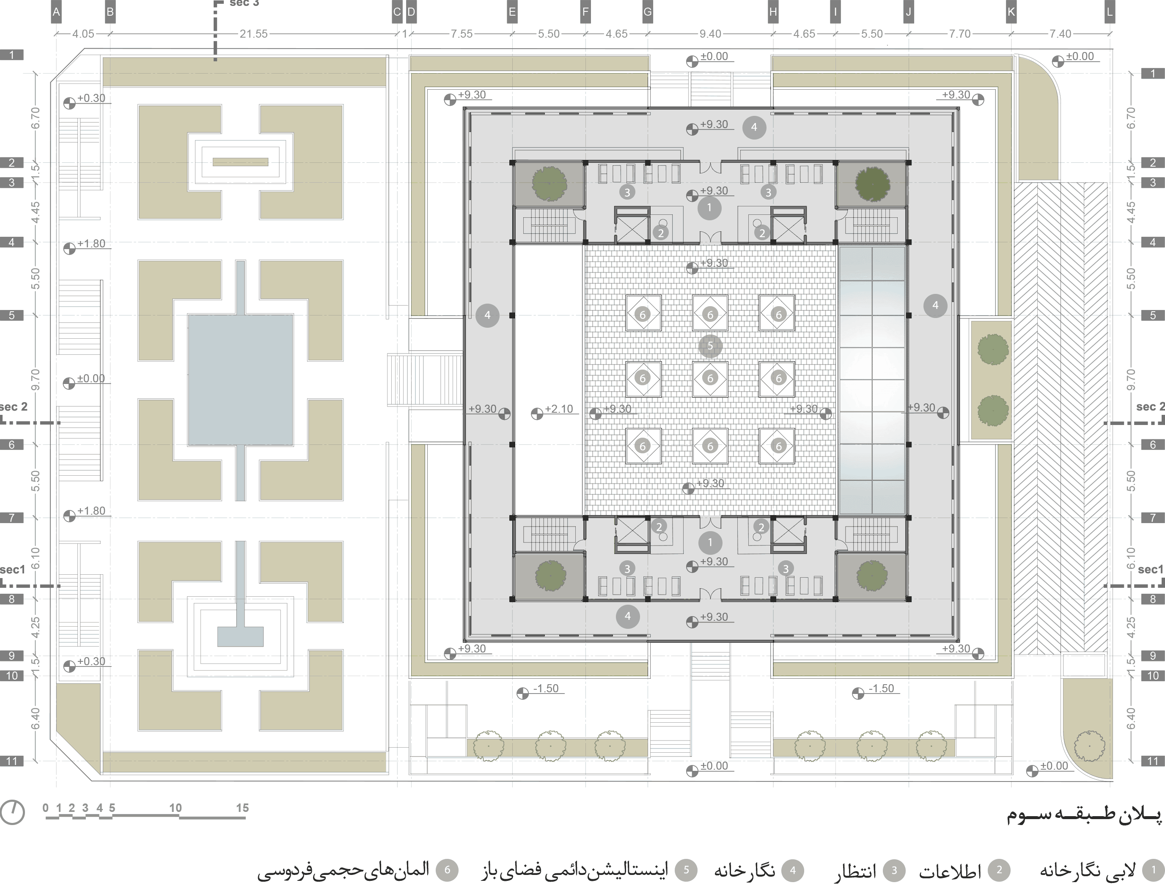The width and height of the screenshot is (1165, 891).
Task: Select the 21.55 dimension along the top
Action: click(253, 34)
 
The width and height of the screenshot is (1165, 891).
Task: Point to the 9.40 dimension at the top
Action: click(710, 34)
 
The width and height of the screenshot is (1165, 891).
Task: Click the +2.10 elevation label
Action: click(559, 409)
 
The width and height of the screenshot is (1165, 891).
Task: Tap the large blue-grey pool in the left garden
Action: click(240, 380)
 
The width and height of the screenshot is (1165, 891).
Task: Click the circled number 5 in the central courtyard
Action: click(710, 346)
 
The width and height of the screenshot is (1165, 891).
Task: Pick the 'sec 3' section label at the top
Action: click(244, 3)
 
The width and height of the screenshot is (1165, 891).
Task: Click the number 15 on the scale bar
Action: click(242, 808)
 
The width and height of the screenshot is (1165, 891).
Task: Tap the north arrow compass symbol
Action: click(13, 812)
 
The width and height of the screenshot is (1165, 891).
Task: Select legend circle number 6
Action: click(447, 870)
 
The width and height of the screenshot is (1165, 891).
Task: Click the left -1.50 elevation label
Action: click(546, 688)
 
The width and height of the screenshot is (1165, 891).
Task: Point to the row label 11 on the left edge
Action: click(12, 761)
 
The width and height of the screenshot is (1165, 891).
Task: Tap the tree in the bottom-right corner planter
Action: click(1090, 746)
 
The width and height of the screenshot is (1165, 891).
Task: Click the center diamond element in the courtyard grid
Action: click(710, 378)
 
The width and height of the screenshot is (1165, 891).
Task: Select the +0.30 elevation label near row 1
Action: click(91, 98)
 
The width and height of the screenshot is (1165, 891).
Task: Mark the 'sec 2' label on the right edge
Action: click(1150, 407)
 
